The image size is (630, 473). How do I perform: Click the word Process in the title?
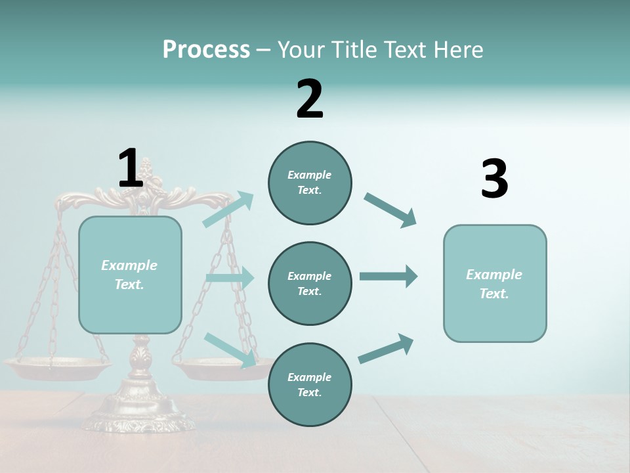coord(206,50)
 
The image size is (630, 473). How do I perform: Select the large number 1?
coord(130,169)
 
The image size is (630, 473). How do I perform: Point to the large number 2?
coord(310,99)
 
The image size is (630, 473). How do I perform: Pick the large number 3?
coord(494,179)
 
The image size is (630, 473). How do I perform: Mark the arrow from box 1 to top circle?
coord(229,209)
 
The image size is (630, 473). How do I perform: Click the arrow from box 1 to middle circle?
coord(230,277)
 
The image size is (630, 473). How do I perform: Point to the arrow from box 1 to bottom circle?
coord(230,349)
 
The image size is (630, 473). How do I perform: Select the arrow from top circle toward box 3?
coord(390,210)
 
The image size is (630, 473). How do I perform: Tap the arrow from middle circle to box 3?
coord(388,276)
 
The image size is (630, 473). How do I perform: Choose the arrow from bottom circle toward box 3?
coord(386,348)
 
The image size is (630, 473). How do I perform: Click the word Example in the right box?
coord(494,275)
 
